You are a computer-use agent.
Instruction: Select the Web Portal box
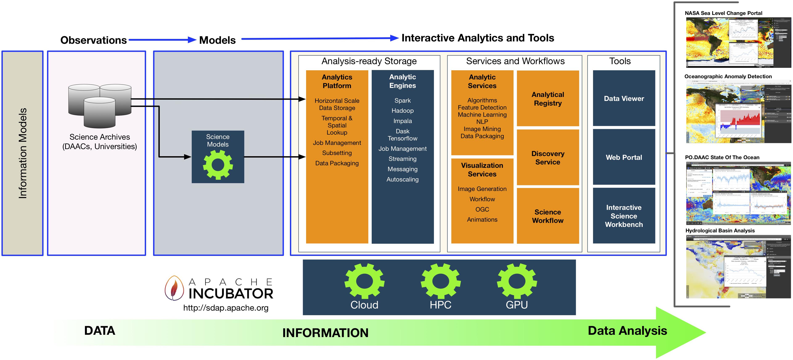click(x=624, y=157)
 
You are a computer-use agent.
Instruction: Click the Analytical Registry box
click(x=548, y=99)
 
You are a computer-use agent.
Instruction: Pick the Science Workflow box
click(x=548, y=216)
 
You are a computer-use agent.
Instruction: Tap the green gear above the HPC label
click(x=440, y=281)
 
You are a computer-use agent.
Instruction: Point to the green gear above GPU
click(x=517, y=281)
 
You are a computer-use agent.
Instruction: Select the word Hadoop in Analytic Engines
click(x=402, y=111)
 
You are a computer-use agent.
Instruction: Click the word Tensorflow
click(x=402, y=138)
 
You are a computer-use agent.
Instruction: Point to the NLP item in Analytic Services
click(x=482, y=122)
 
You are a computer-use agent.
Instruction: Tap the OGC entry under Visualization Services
click(x=482, y=209)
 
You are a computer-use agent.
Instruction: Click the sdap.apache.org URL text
click(x=226, y=308)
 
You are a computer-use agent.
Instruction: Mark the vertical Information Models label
click(x=22, y=153)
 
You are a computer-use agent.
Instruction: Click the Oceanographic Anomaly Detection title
click(x=728, y=76)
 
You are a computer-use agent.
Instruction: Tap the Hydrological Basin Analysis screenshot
click(x=738, y=267)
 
